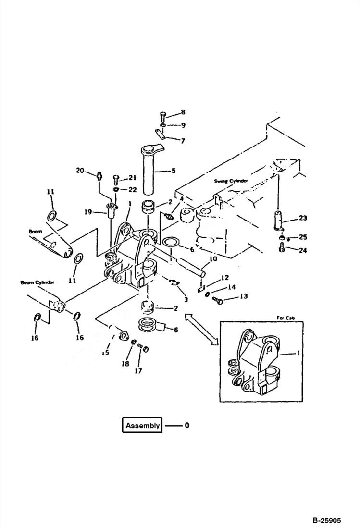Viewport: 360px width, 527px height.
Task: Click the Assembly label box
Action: pos(142,425)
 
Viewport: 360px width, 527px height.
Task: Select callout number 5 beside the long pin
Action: pos(174,171)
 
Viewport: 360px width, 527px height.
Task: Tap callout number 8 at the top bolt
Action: pos(183,112)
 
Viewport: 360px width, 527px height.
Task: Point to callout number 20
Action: pos(80,170)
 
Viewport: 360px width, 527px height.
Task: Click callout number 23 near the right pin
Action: pos(302,218)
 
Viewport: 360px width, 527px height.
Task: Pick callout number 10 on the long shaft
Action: pos(212,258)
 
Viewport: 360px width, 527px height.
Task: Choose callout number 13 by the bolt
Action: pos(244,296)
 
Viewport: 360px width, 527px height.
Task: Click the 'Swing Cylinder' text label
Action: pos(231,181)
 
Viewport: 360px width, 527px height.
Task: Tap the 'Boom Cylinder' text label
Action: pos(37,282)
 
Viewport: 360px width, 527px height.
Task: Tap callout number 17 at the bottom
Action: pos(139,371)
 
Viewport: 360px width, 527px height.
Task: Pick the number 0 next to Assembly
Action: pos(187,425)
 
